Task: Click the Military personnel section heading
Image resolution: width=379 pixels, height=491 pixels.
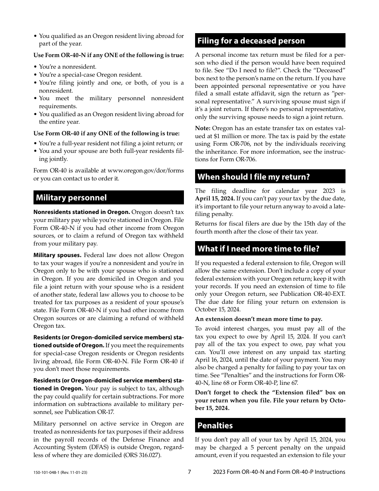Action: tap(71, 198)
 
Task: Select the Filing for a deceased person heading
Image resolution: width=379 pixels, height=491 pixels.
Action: tap(251, 41)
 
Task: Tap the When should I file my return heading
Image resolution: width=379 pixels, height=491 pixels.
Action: tap(254, 177)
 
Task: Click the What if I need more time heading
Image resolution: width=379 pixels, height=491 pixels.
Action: tap(259, 249)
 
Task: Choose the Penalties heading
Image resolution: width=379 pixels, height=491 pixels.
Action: tap(215, 426)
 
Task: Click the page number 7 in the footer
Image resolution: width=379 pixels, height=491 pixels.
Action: tap(189, 472)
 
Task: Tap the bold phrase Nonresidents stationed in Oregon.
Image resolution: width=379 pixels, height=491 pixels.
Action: tap(81, 212)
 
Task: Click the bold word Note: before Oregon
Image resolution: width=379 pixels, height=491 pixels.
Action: tap(203, 128)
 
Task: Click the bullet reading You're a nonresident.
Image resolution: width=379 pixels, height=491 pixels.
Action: tap(67, 67)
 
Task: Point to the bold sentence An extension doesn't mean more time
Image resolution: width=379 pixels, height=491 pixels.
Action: tap(259, 319)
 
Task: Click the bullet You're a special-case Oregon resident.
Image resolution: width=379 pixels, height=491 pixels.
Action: tap(90, 75)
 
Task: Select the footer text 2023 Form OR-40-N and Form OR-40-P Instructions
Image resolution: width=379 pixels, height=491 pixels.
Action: tap(279, 472)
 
